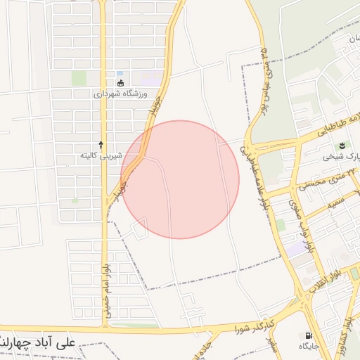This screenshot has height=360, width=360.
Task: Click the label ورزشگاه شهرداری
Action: coord(120,94)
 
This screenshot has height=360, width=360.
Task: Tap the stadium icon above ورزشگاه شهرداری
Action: coord(120,83)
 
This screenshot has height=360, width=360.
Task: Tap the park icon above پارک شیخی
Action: coord(341,146)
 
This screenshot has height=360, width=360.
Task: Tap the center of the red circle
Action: coord(180,179)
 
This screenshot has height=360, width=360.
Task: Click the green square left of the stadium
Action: coord(79,77)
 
